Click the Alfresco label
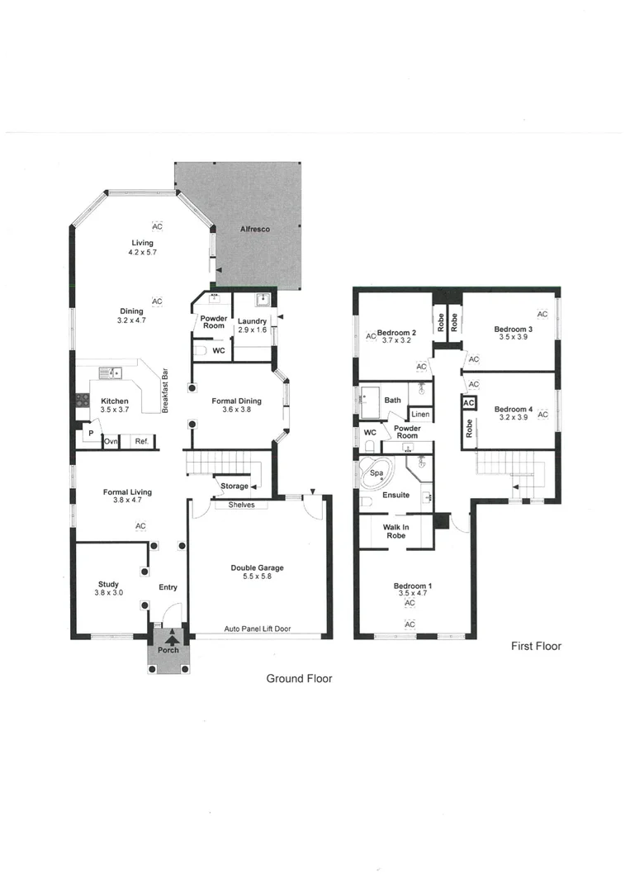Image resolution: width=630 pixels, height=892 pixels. (x=256, y=229)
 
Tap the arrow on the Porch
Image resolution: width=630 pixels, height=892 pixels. (x=172, y=637)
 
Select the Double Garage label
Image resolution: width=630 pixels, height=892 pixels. (x=257, y=568)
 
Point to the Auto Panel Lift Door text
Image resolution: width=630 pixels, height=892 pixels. (x=258, y=629)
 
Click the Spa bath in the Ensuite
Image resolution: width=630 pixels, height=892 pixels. (x=377, y=475)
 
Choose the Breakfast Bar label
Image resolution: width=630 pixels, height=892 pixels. (x=166, y=392)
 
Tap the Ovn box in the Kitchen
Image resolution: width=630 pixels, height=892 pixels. (x=111, y=442)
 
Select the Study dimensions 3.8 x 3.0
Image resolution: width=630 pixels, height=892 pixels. (x=108, y=592)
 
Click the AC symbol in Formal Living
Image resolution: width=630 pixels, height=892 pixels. (x=140, y=525)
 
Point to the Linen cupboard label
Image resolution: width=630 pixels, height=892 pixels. (x=420, y=414)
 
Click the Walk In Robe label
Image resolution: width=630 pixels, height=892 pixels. (x=396, y=531)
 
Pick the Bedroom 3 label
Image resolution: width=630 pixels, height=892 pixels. (x=512, y=330)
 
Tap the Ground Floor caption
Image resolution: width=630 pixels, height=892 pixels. (x=299, y=678)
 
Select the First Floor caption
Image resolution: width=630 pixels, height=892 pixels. (x=536, y=646)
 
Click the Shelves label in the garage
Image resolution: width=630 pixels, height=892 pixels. (x=241, y=505)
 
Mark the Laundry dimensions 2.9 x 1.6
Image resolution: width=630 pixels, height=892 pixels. (x=252, y=330)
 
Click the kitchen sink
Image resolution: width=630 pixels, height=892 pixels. (x=109, y=373)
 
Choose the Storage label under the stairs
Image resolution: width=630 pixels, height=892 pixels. (x=234, y=486)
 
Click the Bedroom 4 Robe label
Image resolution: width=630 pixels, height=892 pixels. (x=469, y=428)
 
